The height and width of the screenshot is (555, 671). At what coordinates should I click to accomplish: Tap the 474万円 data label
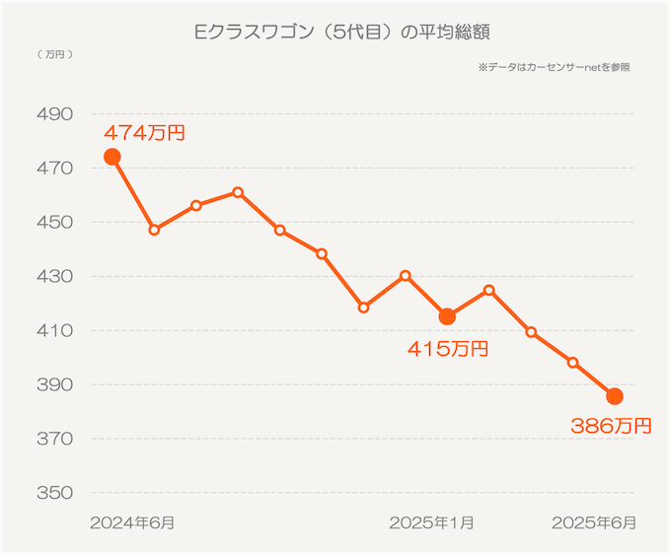[x=144, y=133]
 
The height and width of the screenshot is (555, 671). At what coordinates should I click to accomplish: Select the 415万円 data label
[x=447, y=348]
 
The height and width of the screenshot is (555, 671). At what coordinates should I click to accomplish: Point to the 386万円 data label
[x=612, y=426]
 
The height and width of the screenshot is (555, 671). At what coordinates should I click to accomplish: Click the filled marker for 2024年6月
[x=112, y=157]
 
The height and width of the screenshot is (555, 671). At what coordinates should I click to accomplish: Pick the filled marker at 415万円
[x=447, y=316]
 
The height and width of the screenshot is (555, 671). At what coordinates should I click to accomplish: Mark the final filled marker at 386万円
[x=615, y=396]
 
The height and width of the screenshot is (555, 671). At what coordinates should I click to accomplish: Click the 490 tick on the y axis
[x=54, y=114]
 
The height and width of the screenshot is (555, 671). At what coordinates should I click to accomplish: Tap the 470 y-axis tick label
[x=54, y=169]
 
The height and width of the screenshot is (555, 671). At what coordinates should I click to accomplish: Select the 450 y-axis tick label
[x=54, y=223]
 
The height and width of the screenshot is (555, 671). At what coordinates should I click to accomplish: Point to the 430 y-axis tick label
[x=54, y=277]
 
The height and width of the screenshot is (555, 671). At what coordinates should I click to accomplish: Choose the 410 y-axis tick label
[x=54, y=330]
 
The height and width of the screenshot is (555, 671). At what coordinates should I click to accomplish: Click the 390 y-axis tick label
[x=54, y=384]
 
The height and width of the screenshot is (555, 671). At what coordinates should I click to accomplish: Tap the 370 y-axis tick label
[x=54, y=439]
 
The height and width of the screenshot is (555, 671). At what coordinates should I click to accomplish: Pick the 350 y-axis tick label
[x=54, y=493]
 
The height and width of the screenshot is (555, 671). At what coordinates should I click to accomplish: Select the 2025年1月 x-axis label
[x=431, y=522]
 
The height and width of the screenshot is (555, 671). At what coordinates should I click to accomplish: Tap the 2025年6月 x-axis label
[x=594, y=522]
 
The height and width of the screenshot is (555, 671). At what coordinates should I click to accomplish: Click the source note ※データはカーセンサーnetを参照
[x=554, y=68]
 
